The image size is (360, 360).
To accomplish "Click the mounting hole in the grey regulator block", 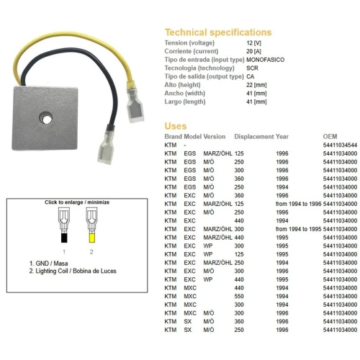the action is (x=45, y=118).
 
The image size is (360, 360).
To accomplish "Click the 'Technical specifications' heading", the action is (x=218, y=32).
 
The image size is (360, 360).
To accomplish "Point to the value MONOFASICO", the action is (x=265, y=60).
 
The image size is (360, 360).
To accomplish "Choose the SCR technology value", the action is (x=252, y=68).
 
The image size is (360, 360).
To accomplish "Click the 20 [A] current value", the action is (x=253, y=51).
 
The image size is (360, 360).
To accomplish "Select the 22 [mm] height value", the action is (x=256, y=85).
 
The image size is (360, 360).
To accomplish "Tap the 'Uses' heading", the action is (x=176, y=126).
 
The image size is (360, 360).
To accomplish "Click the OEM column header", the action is (x=330, y=137).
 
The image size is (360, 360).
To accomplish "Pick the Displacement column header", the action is (x=254, y=137).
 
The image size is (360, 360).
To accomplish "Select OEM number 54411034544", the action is (x=340, y=145).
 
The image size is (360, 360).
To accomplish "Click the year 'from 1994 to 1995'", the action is (x=298, y=229).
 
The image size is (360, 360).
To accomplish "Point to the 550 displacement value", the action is (x=239, y=296).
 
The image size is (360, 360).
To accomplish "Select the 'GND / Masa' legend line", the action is (x=48, y=264).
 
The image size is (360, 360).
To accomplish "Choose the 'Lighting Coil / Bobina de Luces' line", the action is (x=73, y=271).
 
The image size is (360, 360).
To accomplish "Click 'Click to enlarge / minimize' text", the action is (x=77, y=202).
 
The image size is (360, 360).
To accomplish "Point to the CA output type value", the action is (x=251, y=76).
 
